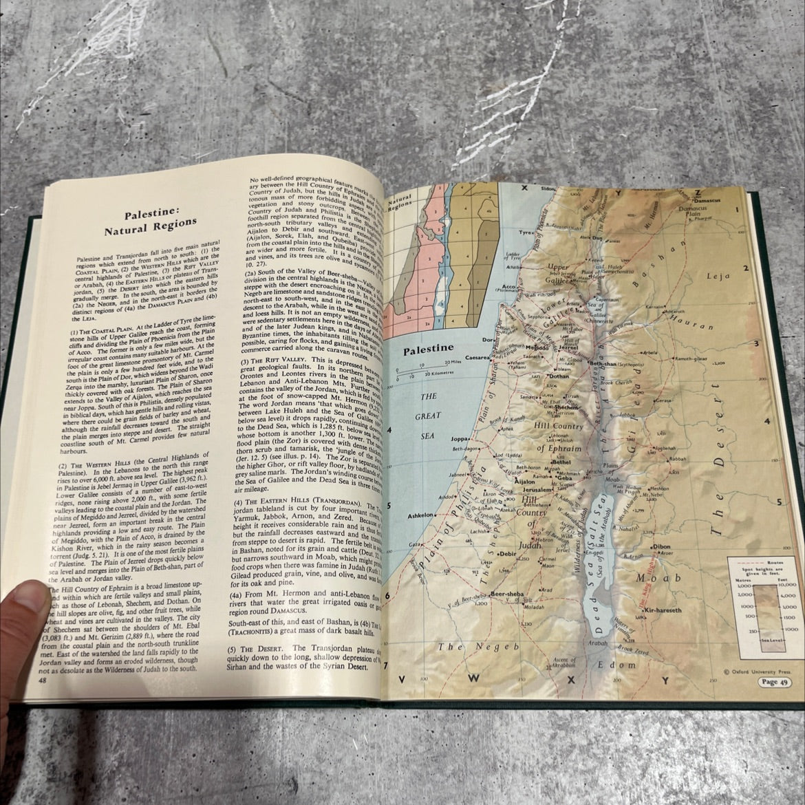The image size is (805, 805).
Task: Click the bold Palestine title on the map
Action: click(428, 350)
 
